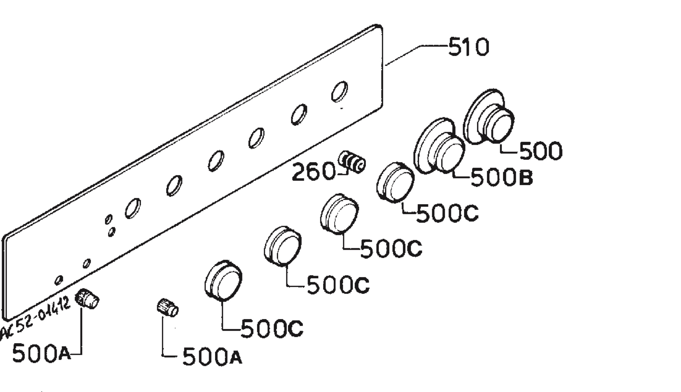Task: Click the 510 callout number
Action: tap(469, 47)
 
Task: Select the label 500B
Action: tap(502, 177)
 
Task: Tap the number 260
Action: tap(314, 172)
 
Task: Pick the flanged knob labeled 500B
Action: tap(439, 146)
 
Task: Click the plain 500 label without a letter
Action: tap(541, 151)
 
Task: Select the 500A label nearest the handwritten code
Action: tap(41, 353)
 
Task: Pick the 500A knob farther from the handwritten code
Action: tap(168, 307)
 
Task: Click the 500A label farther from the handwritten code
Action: tap(212, 356)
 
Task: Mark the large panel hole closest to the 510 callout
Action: tap(339, 91)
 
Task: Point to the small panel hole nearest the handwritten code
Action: tap(59, 280)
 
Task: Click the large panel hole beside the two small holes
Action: tap(133, 208)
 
